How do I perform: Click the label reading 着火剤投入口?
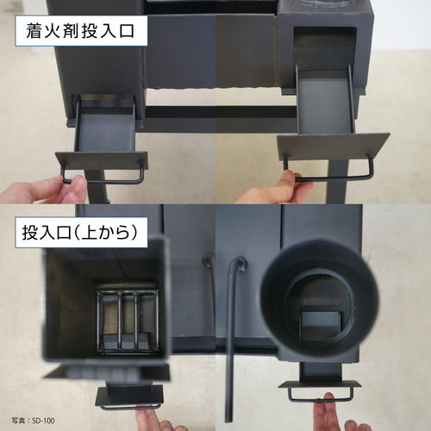point(80,31)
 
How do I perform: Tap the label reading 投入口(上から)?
point(80,232)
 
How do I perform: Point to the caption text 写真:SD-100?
point(33,421)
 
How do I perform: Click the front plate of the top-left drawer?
point(102,160)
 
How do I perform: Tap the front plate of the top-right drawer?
point(334,146)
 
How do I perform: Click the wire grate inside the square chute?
point(128,321)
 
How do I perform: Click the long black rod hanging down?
point(230,342)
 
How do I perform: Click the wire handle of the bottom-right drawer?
point(321,399)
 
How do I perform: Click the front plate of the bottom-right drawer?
point(320,384)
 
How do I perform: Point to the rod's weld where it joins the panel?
point(240,264)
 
